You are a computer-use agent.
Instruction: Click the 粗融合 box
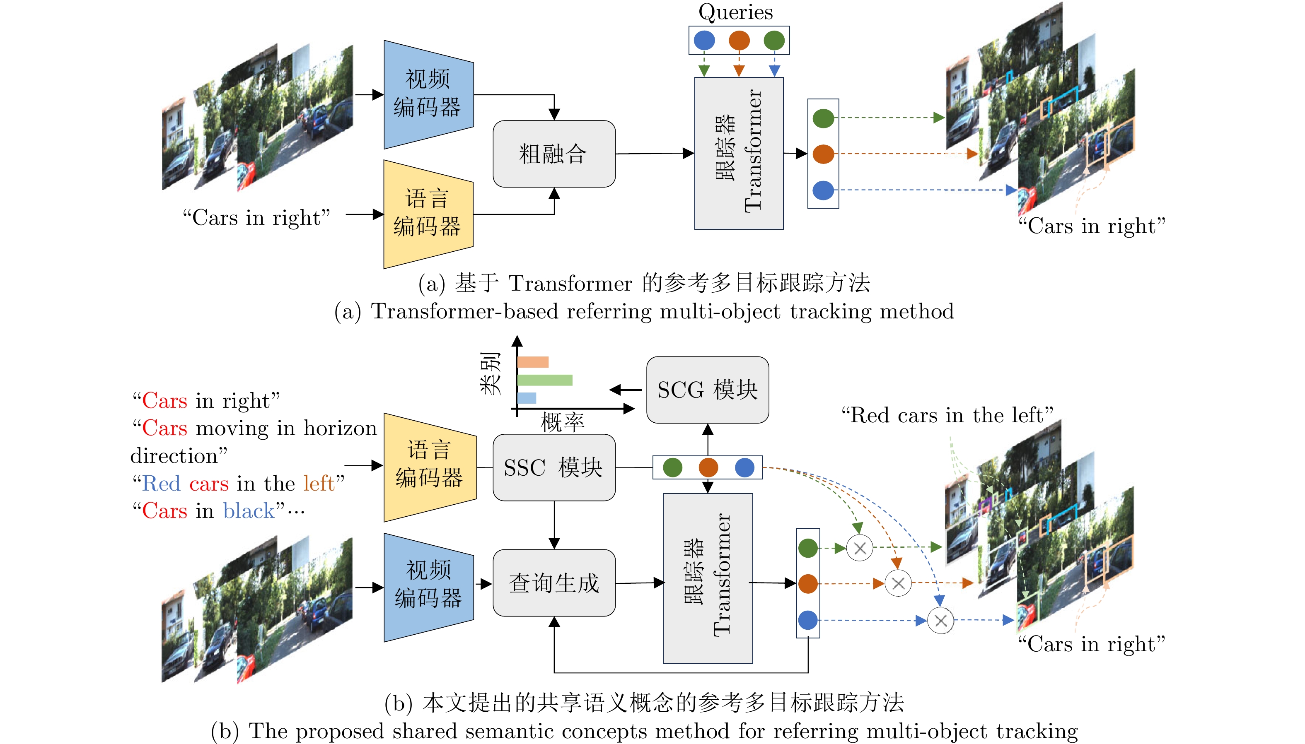pos(553,154)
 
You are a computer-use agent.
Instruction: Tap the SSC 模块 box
pos(553,467)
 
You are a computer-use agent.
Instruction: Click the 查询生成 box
pos(553,583)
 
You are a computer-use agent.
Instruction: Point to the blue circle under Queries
pos(704,41)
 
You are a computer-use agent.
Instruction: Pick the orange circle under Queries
pos(739,41)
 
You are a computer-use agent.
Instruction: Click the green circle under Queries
pos(774,41)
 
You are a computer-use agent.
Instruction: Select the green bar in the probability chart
pos(544,380)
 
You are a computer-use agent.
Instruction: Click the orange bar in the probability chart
pos(533,362)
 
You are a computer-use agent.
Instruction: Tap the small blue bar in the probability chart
pos(527,398)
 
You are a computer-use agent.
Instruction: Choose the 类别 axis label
pos(490,373)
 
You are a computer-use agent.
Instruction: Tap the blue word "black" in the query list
pos(249,511)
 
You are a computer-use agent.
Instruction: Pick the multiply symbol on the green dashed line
pos(860,548)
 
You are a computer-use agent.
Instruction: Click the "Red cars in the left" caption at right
pos(947,415)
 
